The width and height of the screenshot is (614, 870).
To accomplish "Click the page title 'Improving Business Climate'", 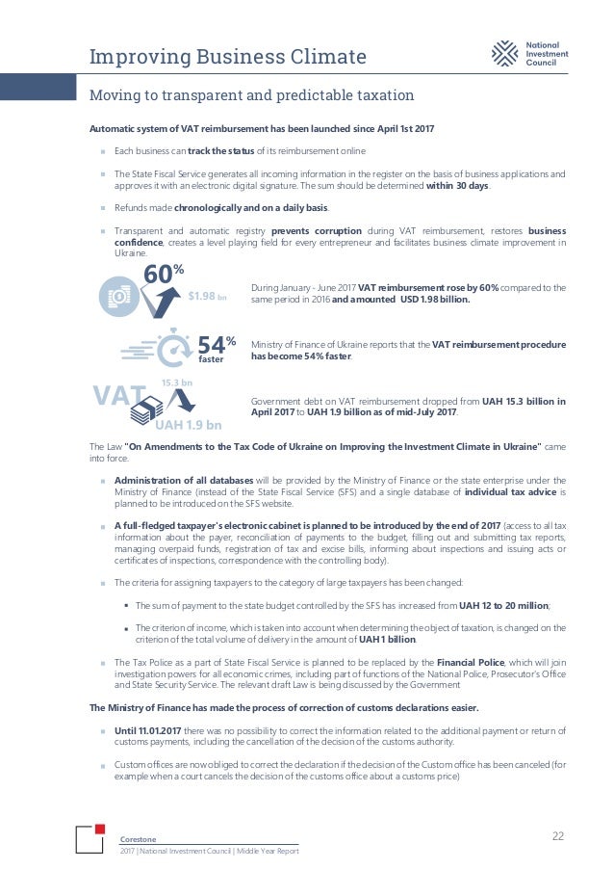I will [227, 58].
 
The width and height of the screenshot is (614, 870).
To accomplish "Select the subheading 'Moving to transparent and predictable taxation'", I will [251, 95].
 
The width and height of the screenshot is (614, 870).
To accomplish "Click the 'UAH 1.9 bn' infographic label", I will [189, 425].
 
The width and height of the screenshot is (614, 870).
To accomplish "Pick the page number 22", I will [558, 835].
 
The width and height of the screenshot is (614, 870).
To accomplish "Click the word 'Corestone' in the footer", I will [137, 838].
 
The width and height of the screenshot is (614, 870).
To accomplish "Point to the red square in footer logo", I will [99, 830].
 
